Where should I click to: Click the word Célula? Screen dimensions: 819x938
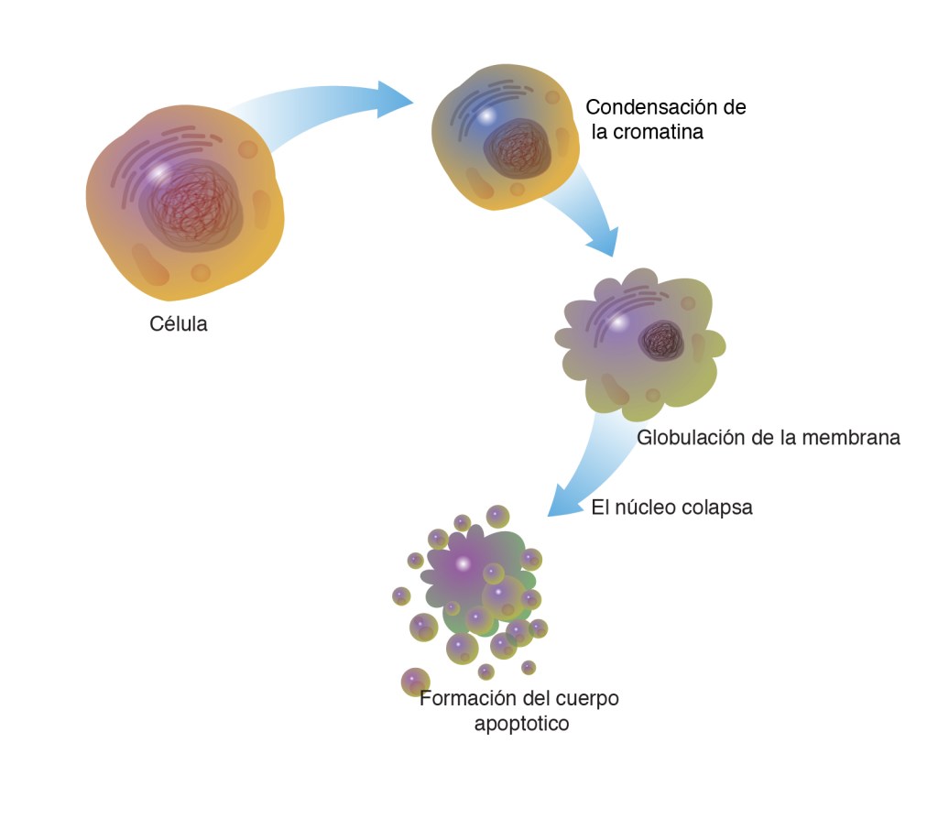179,324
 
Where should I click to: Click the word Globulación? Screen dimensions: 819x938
690,437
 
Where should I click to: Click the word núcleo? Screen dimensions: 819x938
649,507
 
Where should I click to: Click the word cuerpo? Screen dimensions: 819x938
585,699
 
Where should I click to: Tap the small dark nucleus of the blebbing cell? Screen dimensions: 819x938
662,341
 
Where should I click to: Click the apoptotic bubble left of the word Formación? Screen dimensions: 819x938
415,682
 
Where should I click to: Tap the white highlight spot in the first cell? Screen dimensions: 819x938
159,171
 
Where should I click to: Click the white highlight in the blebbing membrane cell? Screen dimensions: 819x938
619,322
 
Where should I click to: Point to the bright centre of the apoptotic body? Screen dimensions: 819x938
464,562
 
